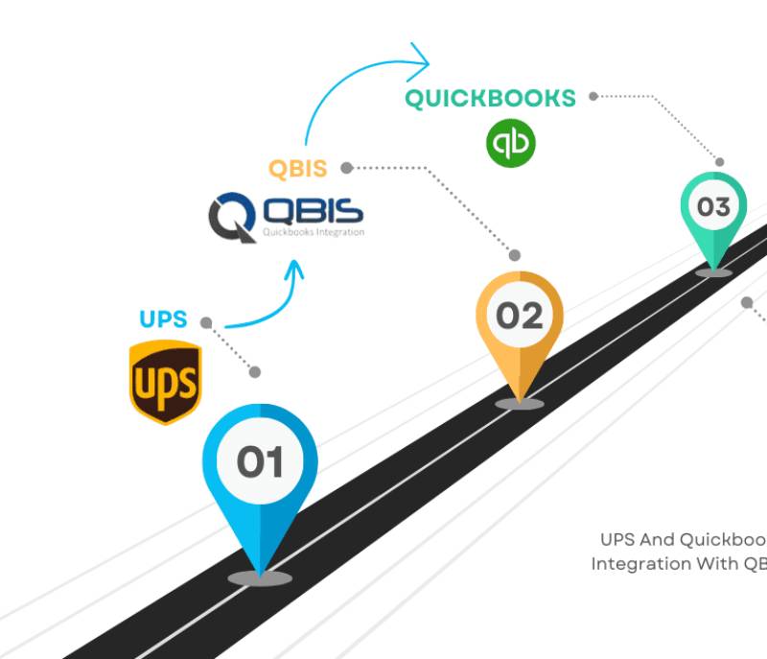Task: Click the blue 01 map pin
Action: point(260,480)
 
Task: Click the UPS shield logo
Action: point(165,383)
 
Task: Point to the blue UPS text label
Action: point(163,319)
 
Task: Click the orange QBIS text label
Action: point(297,169)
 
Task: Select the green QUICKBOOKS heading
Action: point(490,98)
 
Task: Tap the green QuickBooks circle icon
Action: point(511,144)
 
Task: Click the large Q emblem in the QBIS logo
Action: point(231,217)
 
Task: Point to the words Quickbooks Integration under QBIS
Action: point(313,232)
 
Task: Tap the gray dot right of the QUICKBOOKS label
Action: point(593,96)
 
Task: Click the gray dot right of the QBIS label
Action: point(347,168)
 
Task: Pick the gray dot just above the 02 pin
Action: point(515,255)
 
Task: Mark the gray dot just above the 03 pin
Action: point(719,162)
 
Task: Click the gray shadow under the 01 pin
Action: point(260,577)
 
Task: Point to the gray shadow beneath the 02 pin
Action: point(520,404)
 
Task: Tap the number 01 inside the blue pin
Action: point(260,462)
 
